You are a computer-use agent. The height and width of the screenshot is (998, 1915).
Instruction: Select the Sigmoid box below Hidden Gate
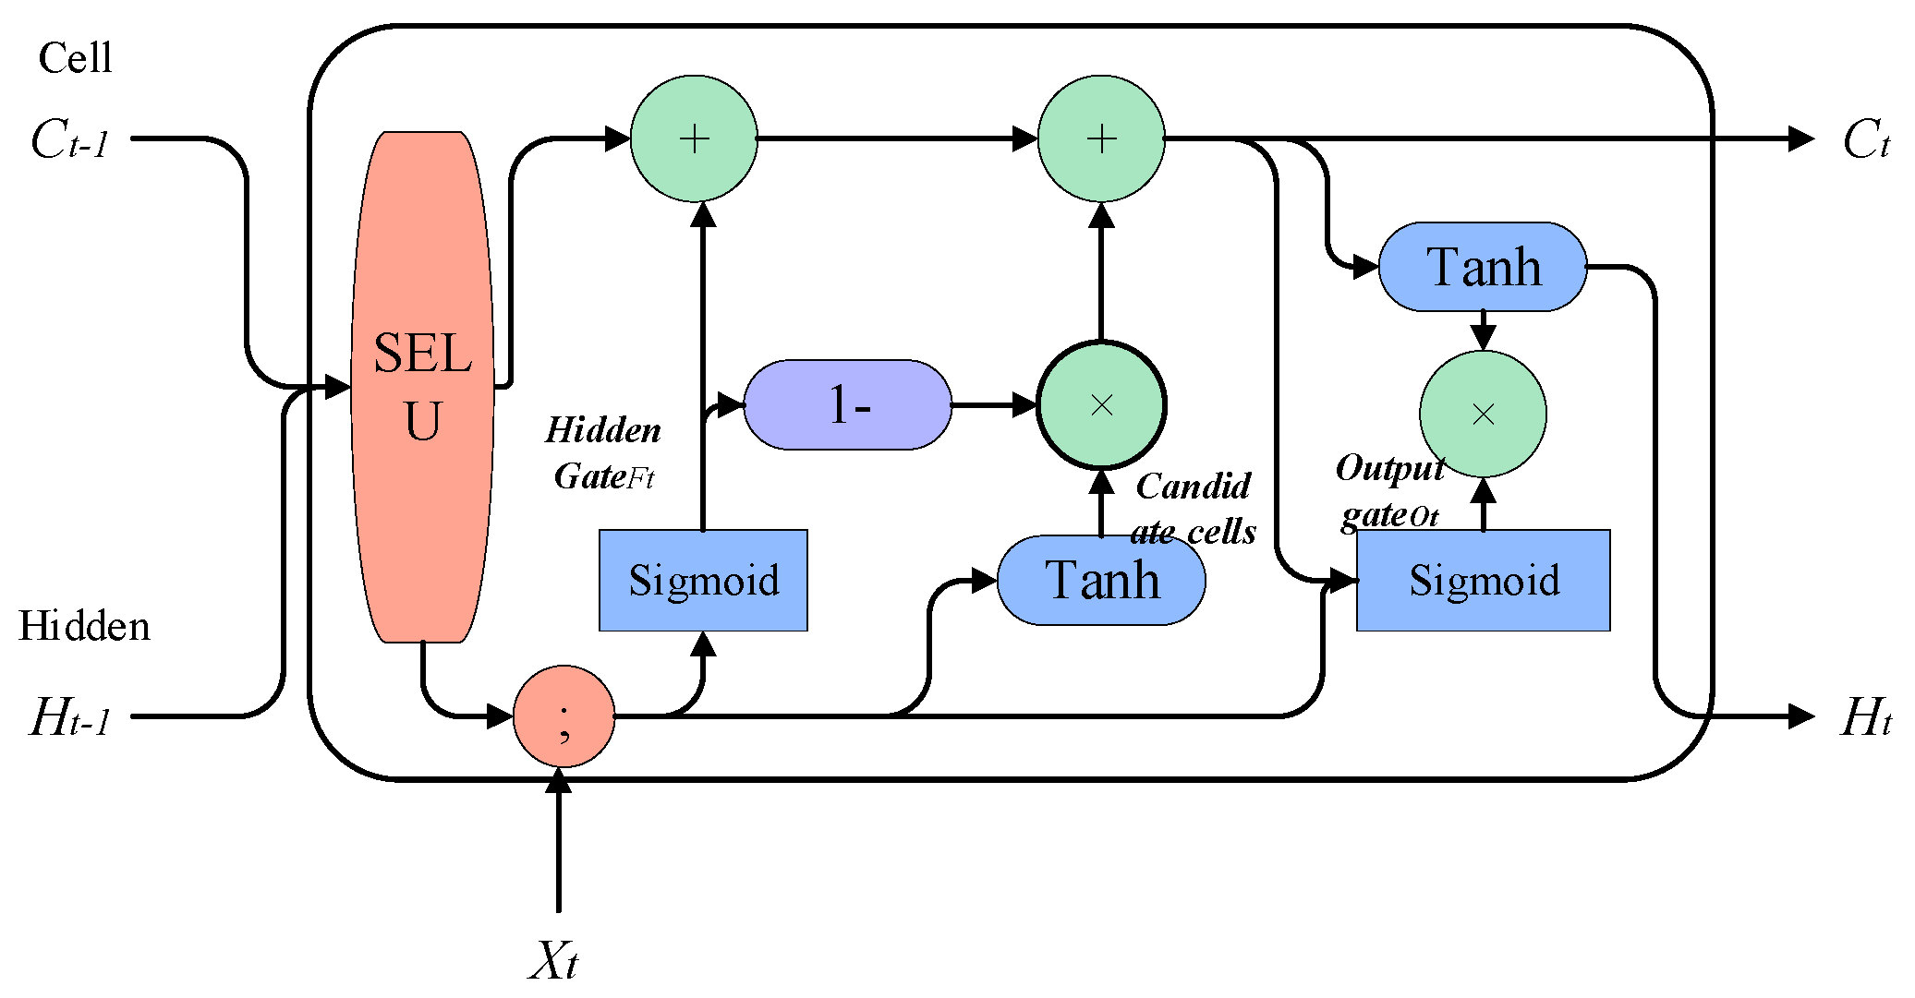tap(703, 580)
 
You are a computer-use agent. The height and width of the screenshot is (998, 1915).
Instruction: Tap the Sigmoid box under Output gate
tap(1483, 580)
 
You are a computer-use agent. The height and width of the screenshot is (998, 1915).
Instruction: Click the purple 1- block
tap(847, 404)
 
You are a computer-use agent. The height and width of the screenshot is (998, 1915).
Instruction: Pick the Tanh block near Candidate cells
tap(1101, 580)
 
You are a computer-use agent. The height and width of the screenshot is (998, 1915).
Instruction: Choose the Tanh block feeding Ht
tap(1483, 267)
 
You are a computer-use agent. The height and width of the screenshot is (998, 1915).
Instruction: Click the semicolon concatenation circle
tap(564, 716)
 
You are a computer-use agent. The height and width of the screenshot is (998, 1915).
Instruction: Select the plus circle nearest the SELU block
tap(694, 138)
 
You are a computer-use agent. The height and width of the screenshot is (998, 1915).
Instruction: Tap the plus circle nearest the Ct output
tap(1101, 138)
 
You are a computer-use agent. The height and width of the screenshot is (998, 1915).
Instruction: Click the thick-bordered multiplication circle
tap(1101, 404)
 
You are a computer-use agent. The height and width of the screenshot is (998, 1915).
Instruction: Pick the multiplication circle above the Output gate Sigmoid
tap(1483, 414)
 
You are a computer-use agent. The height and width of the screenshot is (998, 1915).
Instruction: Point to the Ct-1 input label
tap(70, 140)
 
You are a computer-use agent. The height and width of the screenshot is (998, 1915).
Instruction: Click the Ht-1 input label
tap(70, 717)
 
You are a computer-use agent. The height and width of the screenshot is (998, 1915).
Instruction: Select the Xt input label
tap(553, 960)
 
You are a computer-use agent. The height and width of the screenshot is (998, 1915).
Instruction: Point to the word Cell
tap(75, 58)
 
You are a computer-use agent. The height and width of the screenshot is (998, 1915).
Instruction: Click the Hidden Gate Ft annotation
tap(603, 453)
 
